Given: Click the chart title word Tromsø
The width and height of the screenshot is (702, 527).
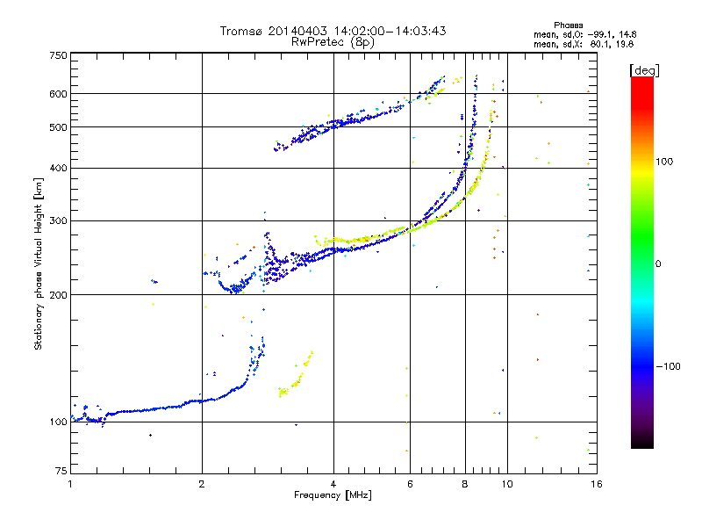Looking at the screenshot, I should pos(241,31).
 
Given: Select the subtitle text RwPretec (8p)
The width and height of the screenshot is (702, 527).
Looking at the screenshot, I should pos(333,41).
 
